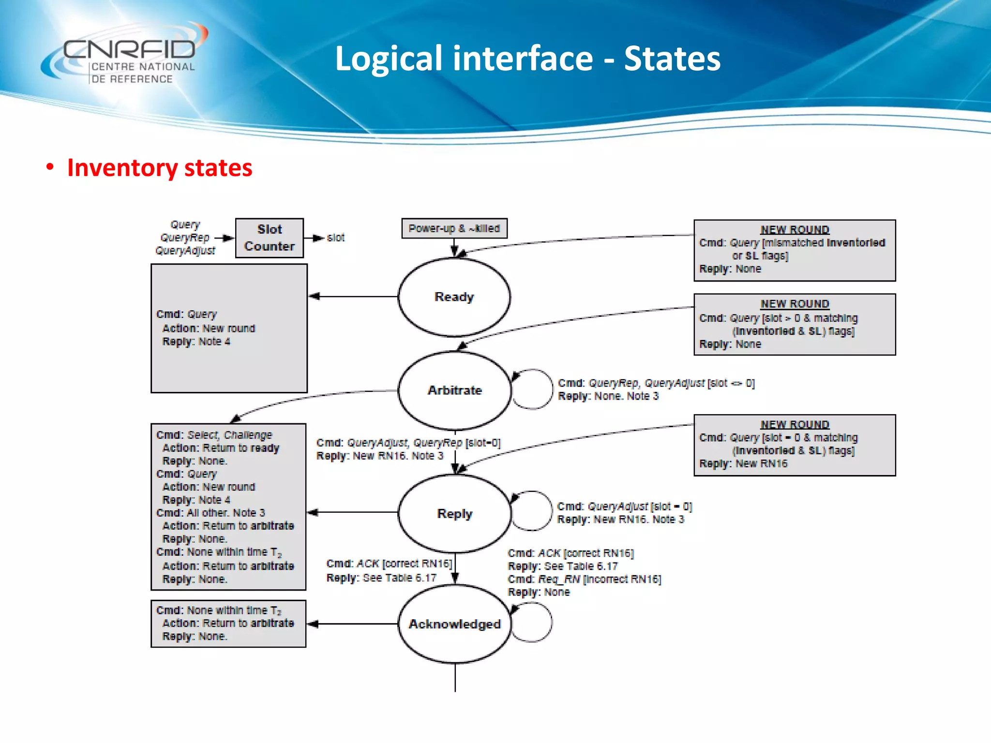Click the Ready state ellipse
click(x=454, y=297)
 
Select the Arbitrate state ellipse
click(x=454, y=390)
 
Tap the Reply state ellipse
click(x=454, y=514)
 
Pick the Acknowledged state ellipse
click(x=454, y=624)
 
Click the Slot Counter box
click(x=270, y=238)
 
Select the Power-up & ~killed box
click(x=454, y=228)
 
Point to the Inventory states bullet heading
click(x=159, y=168)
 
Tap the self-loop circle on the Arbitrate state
click(x=532, y=389)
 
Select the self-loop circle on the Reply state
click(x=531, y=511)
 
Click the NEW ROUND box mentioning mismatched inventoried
click(x=794, y=251)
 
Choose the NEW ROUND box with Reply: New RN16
click(x=794, y=445)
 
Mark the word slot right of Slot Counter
click(x=335, y=238)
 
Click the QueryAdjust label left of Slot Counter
click(x=185, y=251)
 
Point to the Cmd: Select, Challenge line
click(x=214, y=435)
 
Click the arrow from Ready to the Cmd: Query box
click(x=353, y=296)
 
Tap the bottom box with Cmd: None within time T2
click(x=228, y=624)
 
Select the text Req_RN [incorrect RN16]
click(x=599, y=579)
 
